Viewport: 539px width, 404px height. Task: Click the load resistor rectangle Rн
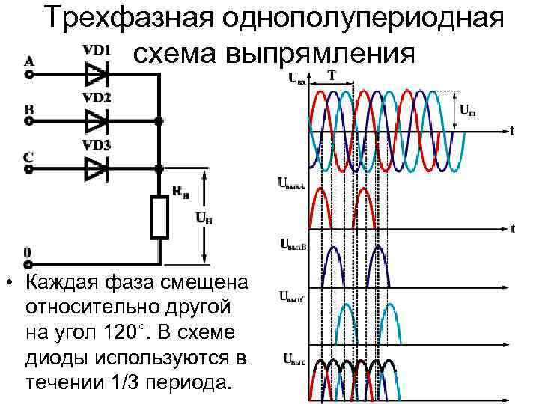pos(159,215)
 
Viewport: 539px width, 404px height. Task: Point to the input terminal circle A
pos(29,73)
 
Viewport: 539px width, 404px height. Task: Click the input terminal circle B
pos(29,120)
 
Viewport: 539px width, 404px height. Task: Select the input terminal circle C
pos(29,169)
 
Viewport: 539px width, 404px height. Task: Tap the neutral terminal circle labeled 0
pos(29,263)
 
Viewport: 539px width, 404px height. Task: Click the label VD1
pos(97,50)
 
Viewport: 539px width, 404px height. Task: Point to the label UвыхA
pos(292,183)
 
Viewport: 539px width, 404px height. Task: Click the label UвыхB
pos(293,243)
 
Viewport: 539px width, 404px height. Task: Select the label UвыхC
pos(292,298)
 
